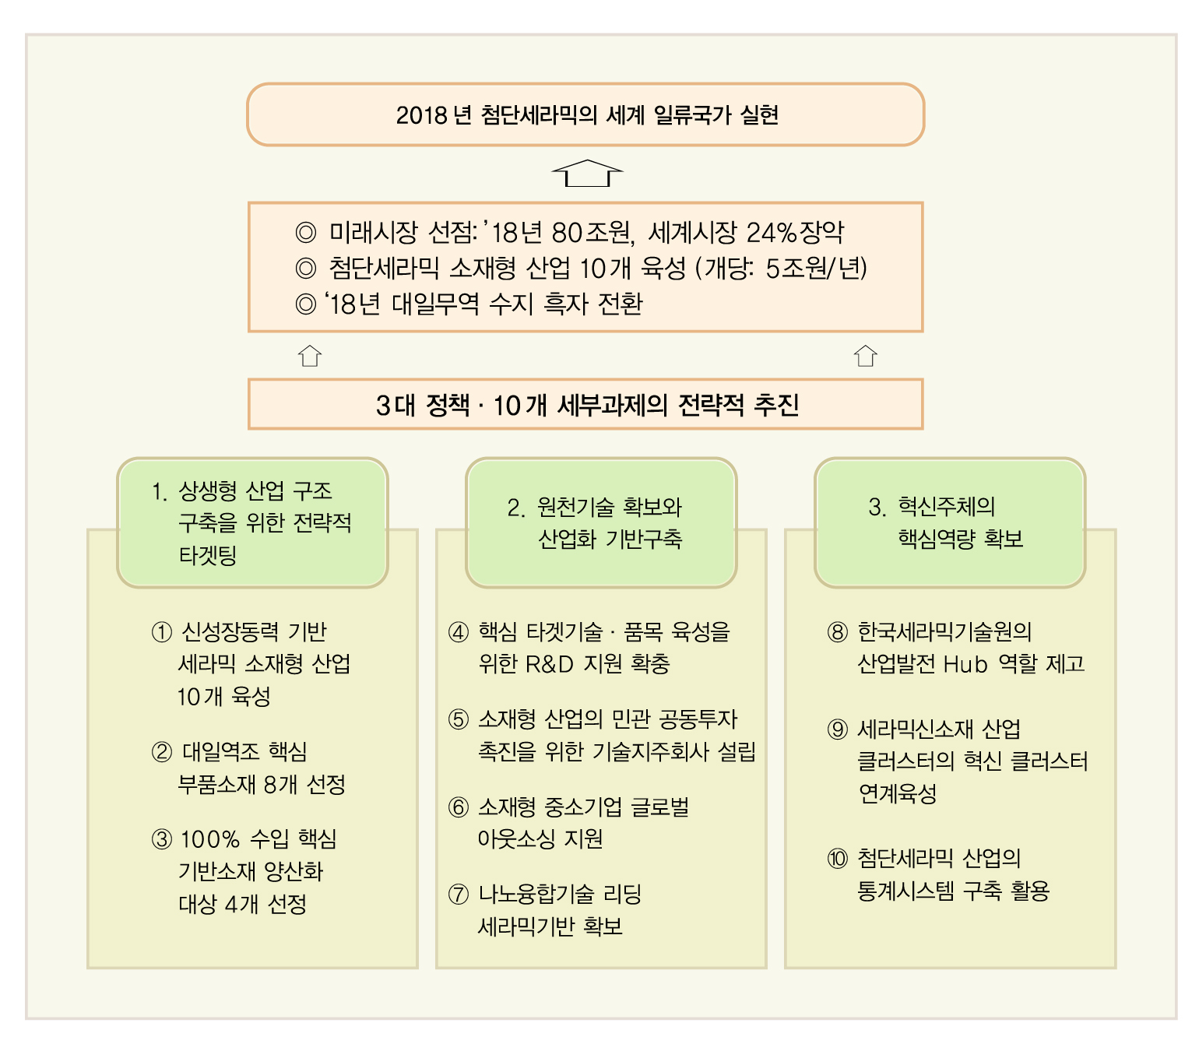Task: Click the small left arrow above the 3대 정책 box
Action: point(309,356)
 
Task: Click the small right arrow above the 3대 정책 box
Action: point(865,356)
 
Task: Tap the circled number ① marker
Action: point(162,631)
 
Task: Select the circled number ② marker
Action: point(162,751)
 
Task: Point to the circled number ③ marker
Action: point(162,839)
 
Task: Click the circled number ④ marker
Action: point(459,631)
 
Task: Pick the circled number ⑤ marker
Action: point(459,719)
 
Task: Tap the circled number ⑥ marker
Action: point(459,807)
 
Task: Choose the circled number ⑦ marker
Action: point(459,895)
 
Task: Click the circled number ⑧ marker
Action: point(837,631)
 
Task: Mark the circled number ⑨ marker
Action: point(837,729)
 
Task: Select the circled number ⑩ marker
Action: point(837,859)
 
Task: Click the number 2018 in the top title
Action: point(422,115)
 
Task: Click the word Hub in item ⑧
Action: point(965,664)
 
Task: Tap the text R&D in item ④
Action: point(549,664)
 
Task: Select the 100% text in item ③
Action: point(209,839)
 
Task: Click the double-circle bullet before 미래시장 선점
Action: point(306,233)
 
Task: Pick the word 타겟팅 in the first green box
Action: point(207,555)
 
